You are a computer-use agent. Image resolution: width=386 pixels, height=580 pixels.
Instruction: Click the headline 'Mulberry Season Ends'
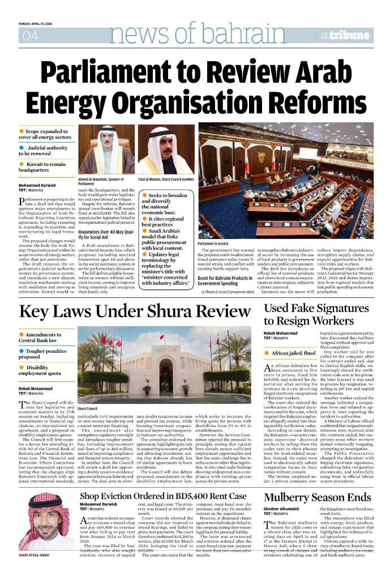[317, 497]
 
